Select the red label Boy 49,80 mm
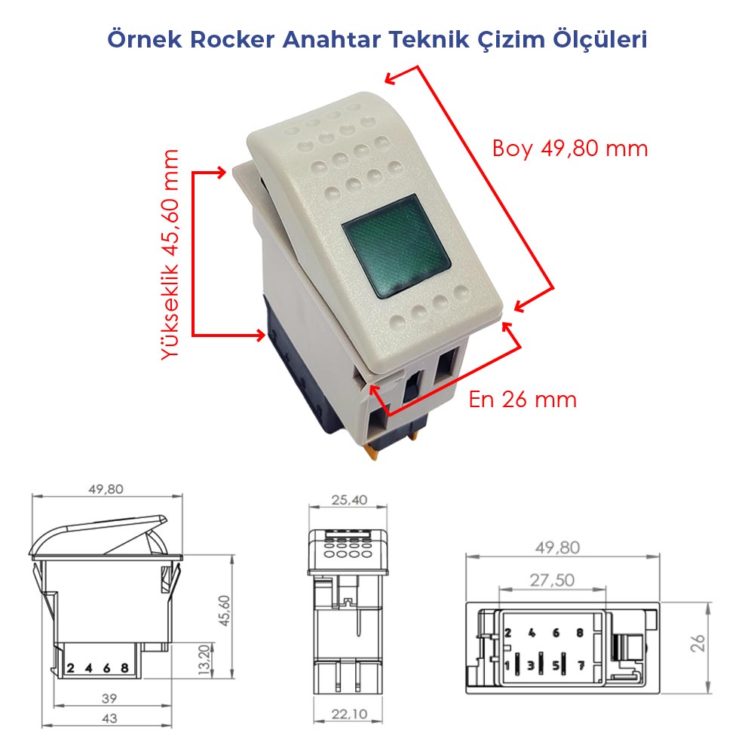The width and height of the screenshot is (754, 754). (570, 148)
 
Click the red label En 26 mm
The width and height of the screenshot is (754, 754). (523, 399)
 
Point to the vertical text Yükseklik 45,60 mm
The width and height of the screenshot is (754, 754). (171, 255)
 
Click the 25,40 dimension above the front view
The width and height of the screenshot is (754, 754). (349, 499)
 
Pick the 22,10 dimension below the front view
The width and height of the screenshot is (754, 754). (349, 713)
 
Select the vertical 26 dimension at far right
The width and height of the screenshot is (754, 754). (698, 642)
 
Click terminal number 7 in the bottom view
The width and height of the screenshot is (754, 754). (580, 665)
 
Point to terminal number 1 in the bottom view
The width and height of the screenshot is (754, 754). (507, 665)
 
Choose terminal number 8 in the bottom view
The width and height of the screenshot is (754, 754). (580, 633)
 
